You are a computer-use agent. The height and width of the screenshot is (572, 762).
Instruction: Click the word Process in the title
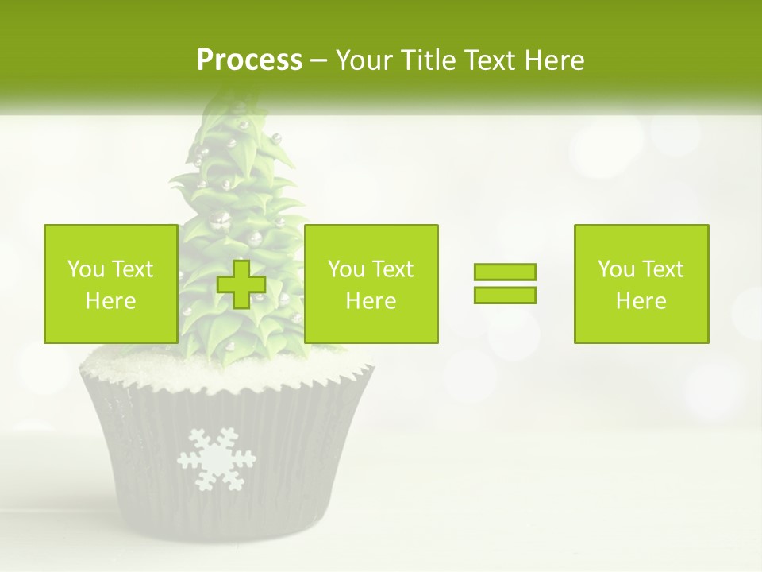click(249, 60)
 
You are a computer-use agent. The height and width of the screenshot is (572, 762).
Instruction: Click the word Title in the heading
click(428, 60)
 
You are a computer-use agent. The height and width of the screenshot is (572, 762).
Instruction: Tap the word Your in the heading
click(364, 60)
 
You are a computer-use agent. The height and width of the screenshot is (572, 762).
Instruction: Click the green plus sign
click(241, 284)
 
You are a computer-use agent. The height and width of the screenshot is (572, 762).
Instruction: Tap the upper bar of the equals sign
click(505, 272)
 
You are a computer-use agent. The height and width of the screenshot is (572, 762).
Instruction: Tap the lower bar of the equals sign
click(505, 295)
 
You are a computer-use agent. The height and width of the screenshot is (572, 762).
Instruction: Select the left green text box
click(110, 284)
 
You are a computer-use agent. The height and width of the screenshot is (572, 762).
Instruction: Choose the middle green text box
click(371, 284)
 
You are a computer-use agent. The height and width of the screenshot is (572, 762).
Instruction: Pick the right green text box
click(641, 284)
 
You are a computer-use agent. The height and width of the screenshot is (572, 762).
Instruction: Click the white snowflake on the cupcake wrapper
click(216, 458)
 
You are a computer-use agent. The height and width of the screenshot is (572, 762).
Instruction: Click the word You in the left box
click(85, 269)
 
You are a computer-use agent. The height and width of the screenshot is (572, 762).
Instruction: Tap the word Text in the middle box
click(393, 269)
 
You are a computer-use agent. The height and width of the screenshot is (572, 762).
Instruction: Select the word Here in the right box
click(641, 301)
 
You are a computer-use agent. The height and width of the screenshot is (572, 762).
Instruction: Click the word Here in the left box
click(110, 301)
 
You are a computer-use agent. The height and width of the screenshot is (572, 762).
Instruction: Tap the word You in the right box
click(615, 269)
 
